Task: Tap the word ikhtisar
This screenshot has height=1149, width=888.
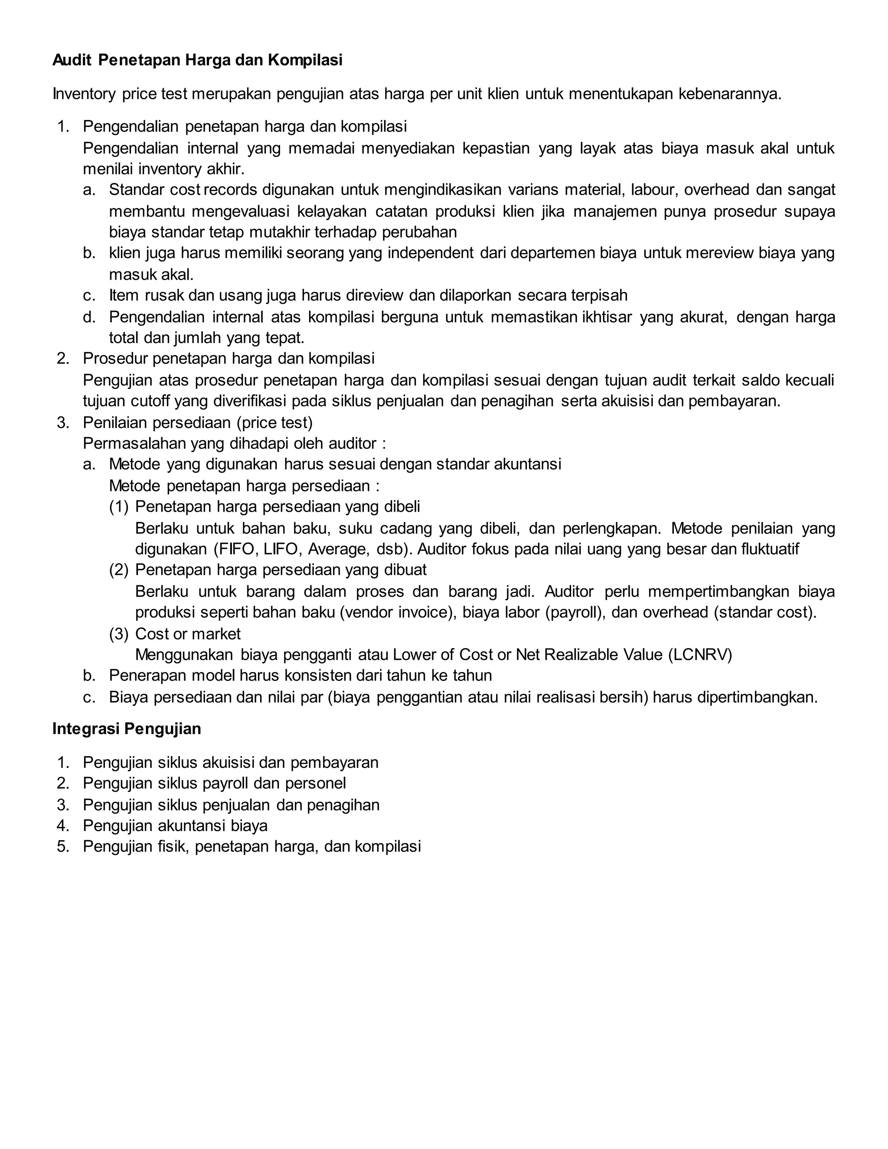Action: point(607,317)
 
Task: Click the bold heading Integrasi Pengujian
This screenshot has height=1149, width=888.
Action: point(127,729)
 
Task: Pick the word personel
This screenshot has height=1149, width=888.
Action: point(315,783)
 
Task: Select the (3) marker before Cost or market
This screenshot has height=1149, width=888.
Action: point(118,634)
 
